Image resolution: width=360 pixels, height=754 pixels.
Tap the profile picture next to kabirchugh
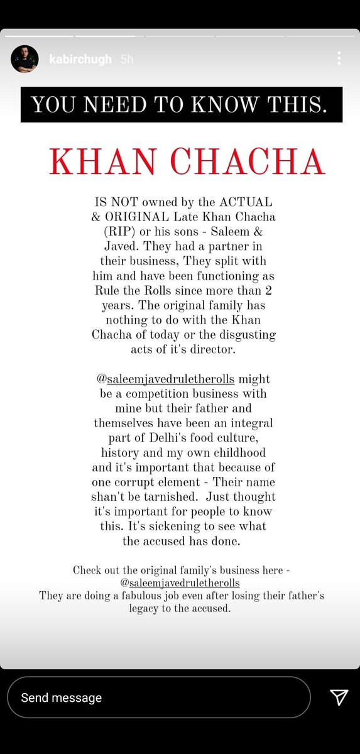point(25,59)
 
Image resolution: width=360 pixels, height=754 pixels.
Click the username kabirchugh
point(80,59)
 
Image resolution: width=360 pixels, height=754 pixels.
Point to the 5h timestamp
point(126,59)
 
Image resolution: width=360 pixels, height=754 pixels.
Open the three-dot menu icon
point(339,58)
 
